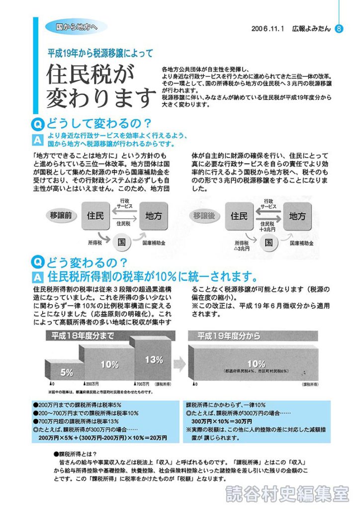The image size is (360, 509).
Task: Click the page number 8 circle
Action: (x=339, y=29)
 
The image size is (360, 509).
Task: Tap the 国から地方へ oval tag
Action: (x=76, y=26)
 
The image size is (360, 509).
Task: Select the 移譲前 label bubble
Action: (x=62, y=215)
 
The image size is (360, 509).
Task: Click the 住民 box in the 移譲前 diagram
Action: (x=95, y=216)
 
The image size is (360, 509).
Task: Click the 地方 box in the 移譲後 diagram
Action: (x=297, y=216)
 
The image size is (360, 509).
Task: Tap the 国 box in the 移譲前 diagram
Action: (x=121, y=242)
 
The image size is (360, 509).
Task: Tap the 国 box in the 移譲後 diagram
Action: (x=269, y=242)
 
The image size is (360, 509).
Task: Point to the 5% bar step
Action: (x=67, y=371)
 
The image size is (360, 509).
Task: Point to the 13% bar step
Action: (x=154, y=359)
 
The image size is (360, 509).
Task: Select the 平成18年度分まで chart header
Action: (x=80, y=336)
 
